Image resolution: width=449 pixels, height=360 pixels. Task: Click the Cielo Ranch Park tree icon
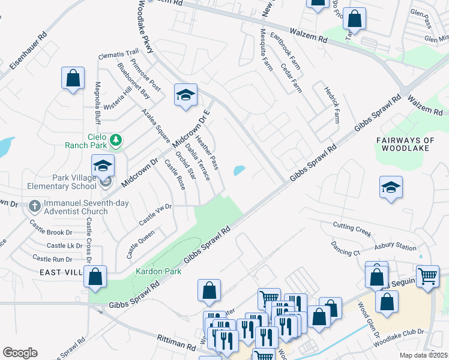tap(116, 140)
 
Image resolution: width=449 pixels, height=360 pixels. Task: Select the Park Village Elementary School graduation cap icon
tap(103, 167)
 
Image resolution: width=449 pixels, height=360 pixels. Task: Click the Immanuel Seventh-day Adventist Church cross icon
tap(35, 206)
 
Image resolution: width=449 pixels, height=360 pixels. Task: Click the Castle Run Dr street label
tap(52, 259)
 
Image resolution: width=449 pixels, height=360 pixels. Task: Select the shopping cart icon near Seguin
tap(427, 277)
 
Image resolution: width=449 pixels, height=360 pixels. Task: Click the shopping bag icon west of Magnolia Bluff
tap(73, 78)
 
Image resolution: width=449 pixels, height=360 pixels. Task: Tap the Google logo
tap(20, 353)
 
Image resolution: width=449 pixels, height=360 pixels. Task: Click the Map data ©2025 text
tap(424, 355)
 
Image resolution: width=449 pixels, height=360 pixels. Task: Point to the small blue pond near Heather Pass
tap(239, 170)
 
